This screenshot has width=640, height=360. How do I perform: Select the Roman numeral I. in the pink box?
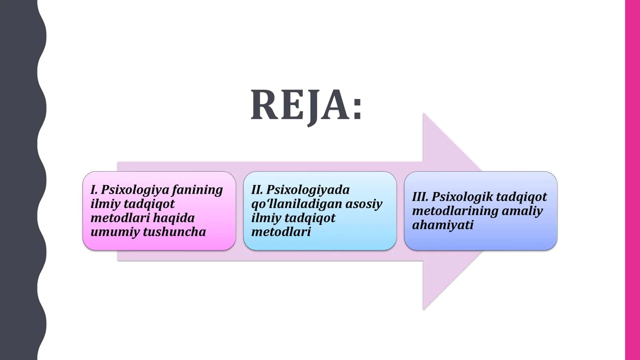[x=94, y=190]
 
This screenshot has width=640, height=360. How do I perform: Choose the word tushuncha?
[x=174, y=232]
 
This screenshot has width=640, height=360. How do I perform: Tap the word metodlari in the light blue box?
[x=281, y=232]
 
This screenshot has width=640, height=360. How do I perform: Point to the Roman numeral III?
[x=420, y=197]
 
